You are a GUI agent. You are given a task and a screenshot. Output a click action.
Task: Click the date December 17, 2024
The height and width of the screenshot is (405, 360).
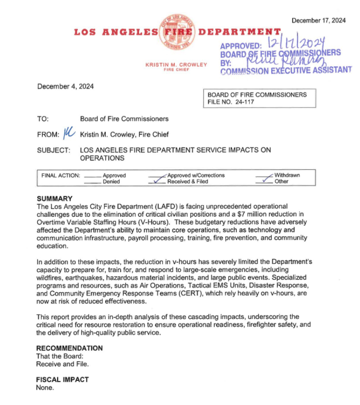click(318, 21)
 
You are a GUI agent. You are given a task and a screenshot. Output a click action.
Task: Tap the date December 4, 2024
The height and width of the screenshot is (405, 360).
click(65, 86)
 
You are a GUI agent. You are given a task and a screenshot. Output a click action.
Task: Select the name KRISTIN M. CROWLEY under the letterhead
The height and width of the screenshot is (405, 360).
click(176, 65)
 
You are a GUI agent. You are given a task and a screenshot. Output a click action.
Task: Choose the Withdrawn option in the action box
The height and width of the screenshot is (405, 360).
click(287, 176)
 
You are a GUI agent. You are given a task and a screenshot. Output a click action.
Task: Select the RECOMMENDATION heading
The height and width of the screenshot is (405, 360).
click(69, 348)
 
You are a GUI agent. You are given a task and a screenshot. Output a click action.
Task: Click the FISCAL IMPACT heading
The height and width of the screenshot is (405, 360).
click(62, 380)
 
